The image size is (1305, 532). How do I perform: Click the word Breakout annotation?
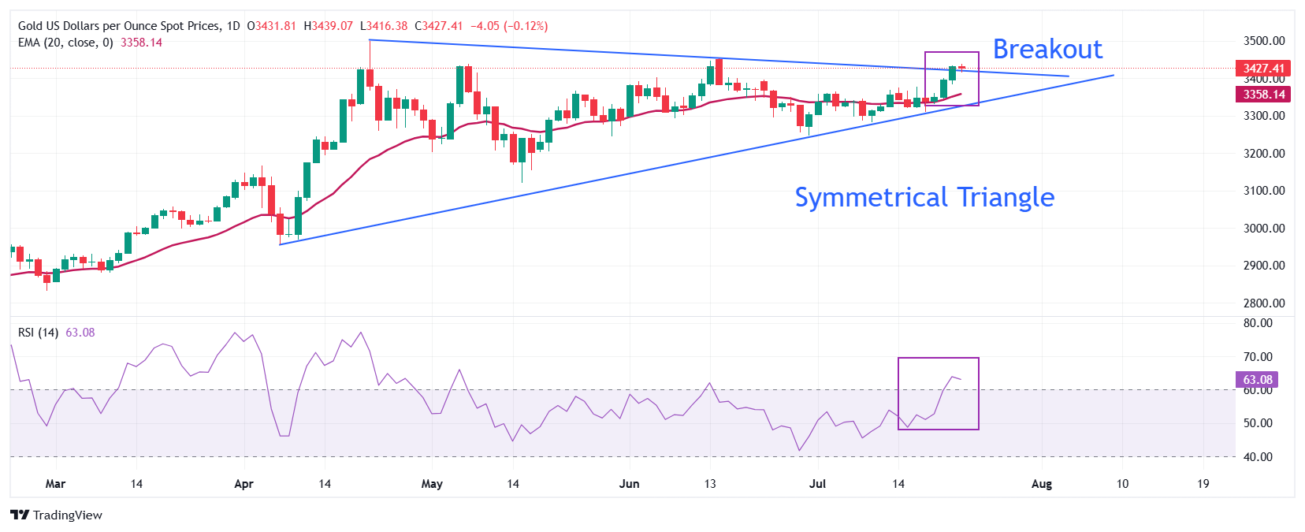click(1047, 49)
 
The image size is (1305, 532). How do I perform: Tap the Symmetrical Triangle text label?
click(924, 197)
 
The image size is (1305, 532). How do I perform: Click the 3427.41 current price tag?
click(1263, 69)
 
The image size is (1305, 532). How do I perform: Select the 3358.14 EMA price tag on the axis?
click(1263, 95)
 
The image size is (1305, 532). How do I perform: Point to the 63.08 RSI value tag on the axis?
click(1257, 380)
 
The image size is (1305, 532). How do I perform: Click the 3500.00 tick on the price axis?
click(1263, 41)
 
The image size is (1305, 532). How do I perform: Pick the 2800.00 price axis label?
click(1263, 303)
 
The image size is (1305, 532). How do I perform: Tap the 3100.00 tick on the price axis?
click(1263, 191)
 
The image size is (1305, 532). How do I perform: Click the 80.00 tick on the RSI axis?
click(1257, 323)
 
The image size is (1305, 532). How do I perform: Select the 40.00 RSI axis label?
click(1257, 457)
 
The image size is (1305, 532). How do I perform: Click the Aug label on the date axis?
click(1041, 484)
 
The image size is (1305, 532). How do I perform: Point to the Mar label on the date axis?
click(55, 484)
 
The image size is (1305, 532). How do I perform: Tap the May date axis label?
click(432, 484)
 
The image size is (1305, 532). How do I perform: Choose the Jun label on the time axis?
click(629, 484)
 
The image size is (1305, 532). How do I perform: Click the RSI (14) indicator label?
click(38, 333)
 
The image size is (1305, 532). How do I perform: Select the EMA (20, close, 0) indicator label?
click(65, 43)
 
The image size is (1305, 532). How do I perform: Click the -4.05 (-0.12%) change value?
click(508, 26)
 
